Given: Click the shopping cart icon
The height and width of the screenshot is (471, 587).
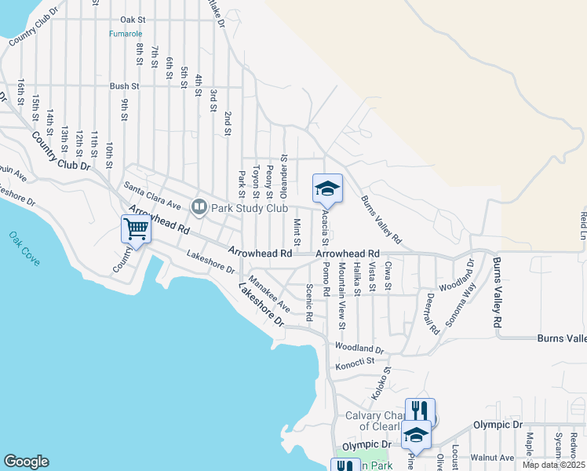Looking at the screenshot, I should pos(136,229).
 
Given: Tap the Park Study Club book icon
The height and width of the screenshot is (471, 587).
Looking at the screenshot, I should pos(199,207).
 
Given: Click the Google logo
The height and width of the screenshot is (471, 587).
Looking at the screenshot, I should pos(26,462).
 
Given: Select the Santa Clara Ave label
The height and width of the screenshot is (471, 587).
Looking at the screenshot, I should pos(153,195).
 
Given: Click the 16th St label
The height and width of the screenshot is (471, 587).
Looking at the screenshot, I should pos(22,93).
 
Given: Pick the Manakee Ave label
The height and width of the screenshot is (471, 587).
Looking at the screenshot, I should pos(269,294).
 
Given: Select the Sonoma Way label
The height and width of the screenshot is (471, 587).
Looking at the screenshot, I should pos(460,304).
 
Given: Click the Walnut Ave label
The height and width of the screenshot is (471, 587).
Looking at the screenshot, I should pos(492,458).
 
